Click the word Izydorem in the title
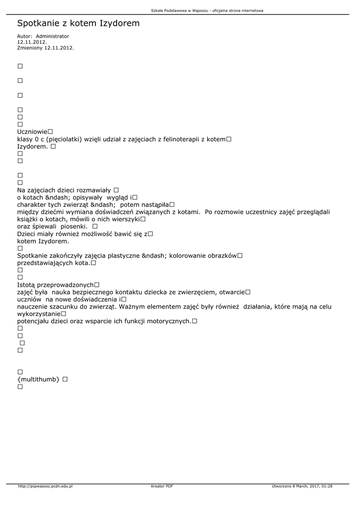tap(120, 23)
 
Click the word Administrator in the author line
tap(53, 36)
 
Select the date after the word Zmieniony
tap(59, 48)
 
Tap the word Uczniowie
tap(32, 132)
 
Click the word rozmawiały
tap(93, 190)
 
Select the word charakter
tap(33, 205)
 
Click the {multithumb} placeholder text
tap(38, 380)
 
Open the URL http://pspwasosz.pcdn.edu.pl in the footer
tap(45, 486)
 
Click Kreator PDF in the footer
tap(162, 486)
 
